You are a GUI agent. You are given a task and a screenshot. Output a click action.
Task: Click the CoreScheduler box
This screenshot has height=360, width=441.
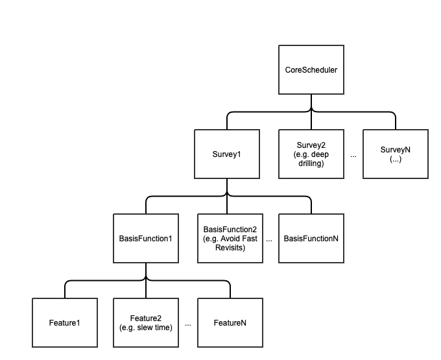click(x=311, y=70)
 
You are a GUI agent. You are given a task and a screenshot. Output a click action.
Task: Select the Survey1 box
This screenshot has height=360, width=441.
click(x=227, y=154)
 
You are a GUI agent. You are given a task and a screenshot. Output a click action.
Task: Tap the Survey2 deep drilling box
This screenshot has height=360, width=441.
click(x=311, y=154)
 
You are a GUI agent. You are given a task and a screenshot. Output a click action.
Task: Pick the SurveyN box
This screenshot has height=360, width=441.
click(x=395, y=154)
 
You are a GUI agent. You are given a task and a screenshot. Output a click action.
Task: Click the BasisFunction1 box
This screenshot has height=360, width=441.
click(x=146, y=238)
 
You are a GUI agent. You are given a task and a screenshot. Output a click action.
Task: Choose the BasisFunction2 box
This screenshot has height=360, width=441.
click(x=230, y=238)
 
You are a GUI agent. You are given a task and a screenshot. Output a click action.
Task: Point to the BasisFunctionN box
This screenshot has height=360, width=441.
click(x=311, y=238)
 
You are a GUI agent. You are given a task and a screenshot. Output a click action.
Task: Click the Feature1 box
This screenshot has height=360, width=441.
click(x=65, y=322)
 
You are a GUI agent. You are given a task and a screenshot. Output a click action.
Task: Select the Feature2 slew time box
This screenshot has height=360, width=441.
click(x=146, y=322)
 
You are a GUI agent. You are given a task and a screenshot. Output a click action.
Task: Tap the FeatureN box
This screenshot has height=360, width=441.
click(x=230, y=322)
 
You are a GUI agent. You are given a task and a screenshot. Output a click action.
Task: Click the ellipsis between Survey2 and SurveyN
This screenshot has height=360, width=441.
click(x=353, y=156)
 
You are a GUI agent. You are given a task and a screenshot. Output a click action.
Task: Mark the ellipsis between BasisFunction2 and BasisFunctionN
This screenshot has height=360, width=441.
click(x=269, y=240)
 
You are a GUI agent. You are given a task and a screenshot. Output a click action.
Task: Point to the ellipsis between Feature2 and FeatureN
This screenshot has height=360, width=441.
click(x=188, y=324)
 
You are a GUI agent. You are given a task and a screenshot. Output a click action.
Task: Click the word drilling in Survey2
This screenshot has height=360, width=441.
click(x=311, y=163)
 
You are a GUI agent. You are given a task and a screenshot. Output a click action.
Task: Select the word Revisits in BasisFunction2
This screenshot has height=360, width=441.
click(x=230, y=247)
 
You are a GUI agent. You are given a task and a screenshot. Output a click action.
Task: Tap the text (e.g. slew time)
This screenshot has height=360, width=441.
click(x=146, y=327)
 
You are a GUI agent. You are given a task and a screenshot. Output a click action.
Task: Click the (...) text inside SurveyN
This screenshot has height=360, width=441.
click(x=395, y=159)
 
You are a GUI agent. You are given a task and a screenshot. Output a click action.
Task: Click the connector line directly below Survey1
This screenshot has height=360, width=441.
click(x=227, y=187)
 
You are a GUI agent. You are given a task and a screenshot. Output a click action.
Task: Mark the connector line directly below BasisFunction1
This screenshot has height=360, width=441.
click(x=146, y=271)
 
